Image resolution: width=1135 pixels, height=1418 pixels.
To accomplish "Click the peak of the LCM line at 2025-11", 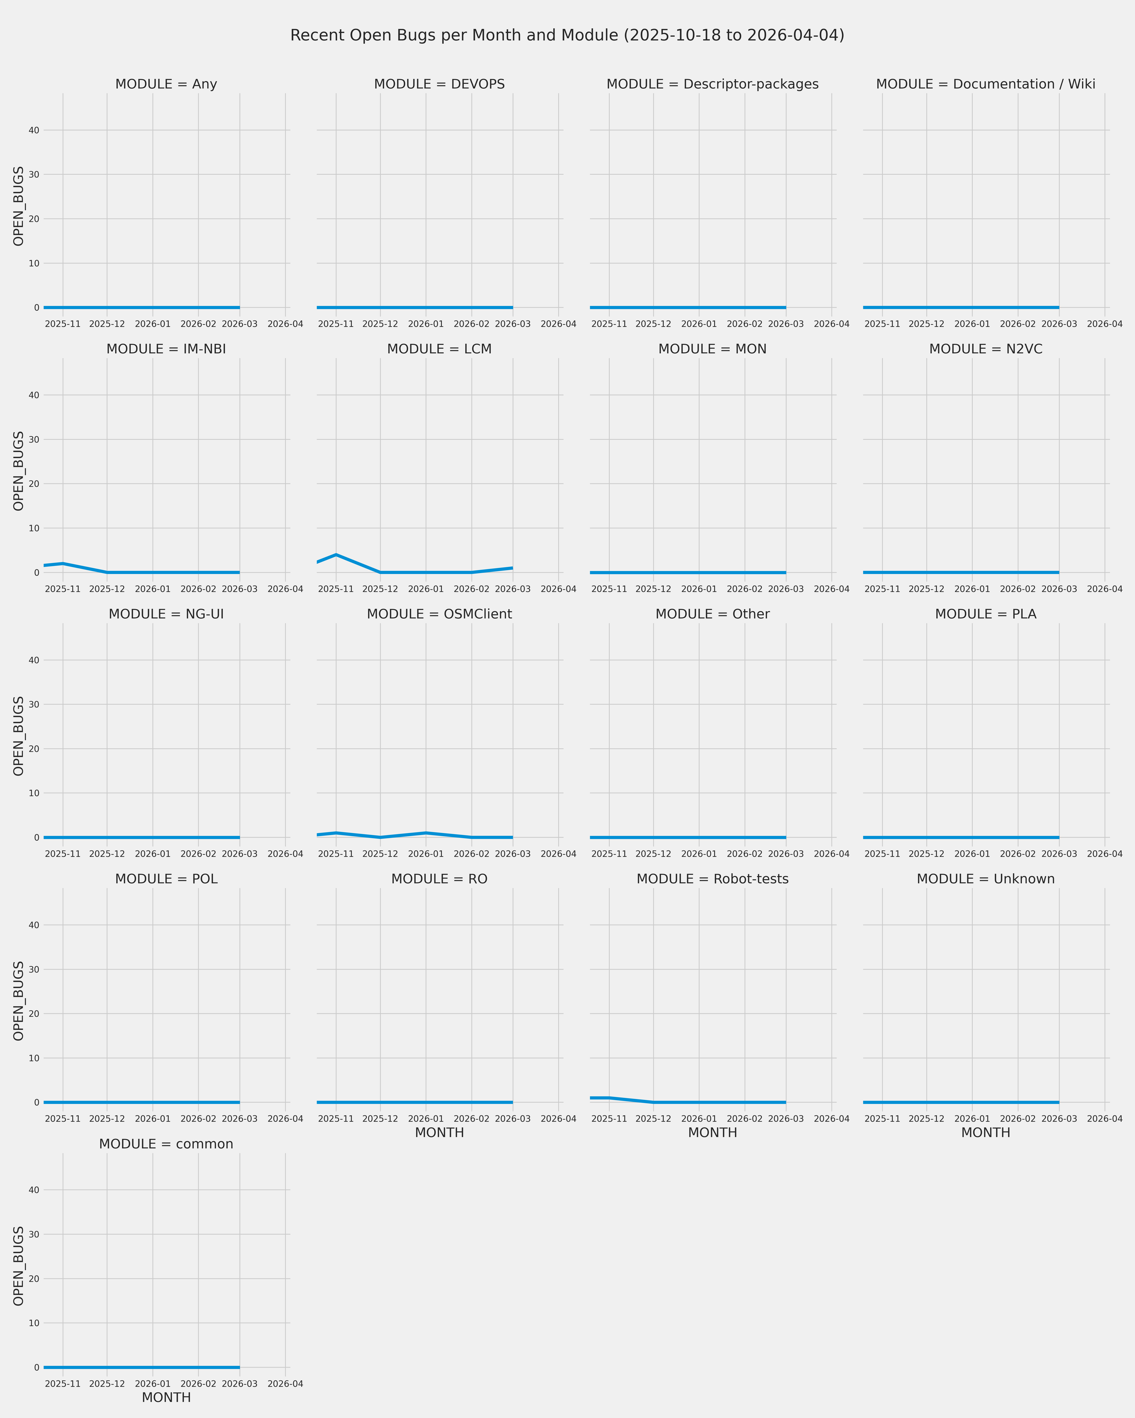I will pos(336,555).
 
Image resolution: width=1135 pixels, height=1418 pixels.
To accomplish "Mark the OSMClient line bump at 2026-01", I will pos(426,833).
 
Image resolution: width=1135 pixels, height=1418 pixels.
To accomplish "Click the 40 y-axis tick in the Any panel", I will pos(33,130).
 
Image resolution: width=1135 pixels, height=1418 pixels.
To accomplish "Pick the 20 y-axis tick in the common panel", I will pos(33,1279).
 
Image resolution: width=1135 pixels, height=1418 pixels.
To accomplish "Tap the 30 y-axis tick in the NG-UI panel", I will pos(33,704).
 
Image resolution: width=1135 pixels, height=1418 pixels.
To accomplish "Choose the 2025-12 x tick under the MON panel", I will pos(653,589).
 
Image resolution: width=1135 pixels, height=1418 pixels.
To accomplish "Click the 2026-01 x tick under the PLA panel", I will pos(972,854).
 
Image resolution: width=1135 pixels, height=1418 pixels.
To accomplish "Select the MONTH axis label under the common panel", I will pos(166,1398).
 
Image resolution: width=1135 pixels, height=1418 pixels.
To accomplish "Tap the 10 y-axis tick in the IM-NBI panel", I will pos(33,528).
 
